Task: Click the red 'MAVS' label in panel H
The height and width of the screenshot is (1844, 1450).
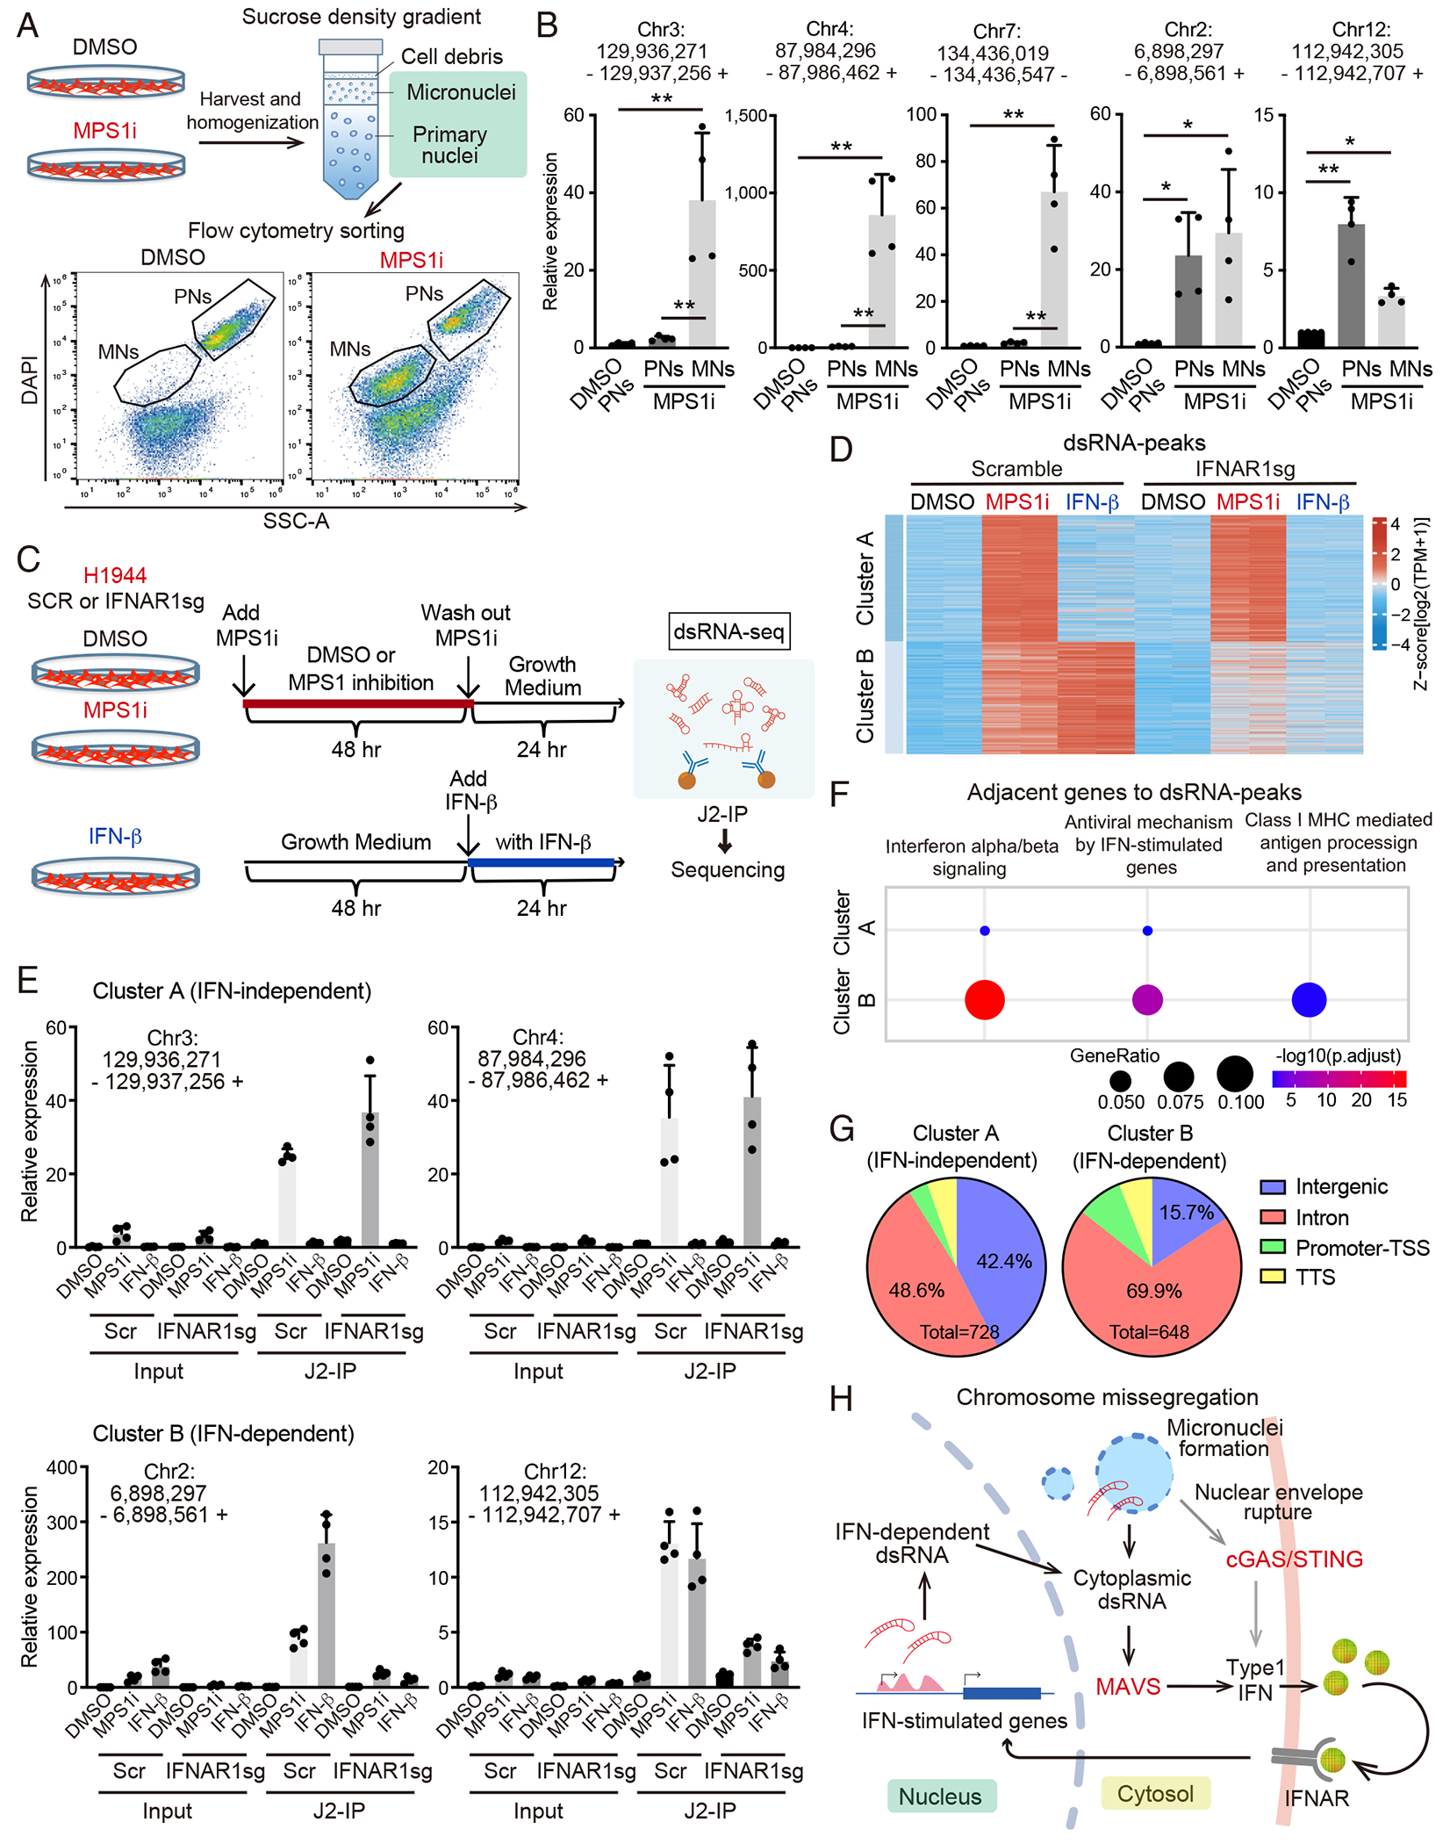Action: tap(1128, 1686)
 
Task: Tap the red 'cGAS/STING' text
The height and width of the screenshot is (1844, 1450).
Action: tap(1294, 1559)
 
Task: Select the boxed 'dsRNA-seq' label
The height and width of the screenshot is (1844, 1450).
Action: tap(729, 631)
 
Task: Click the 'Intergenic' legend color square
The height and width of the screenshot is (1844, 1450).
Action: tap(1273, 1187)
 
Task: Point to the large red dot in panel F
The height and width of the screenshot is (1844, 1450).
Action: tap(984, 999)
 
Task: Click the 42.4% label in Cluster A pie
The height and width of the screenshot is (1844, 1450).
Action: tap(1004, 1261)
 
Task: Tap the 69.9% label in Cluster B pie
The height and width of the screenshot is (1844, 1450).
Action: tap(1154, 1291)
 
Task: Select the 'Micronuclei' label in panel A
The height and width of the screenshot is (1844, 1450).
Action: tap(461, 92)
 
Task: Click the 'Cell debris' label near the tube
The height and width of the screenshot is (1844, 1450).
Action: tap(451, 56)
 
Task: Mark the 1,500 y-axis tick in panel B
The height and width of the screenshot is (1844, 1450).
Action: tap(746, 115)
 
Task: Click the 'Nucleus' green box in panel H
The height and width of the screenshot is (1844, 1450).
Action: tap(940, 1796)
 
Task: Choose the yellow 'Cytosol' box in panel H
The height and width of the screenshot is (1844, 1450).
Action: tap(1155, 1793)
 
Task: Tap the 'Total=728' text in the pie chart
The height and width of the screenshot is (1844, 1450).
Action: tap(959, 1332)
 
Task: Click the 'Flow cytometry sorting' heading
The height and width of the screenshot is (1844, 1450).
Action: tap(296, 231)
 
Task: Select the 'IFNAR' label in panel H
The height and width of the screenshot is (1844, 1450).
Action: tap(1317, 1798)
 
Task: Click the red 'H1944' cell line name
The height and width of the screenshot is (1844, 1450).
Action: tap(115, 575)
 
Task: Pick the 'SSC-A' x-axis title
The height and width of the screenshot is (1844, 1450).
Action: tap(296, 521)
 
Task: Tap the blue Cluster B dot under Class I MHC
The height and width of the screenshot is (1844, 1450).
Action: tap(1309, 999)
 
